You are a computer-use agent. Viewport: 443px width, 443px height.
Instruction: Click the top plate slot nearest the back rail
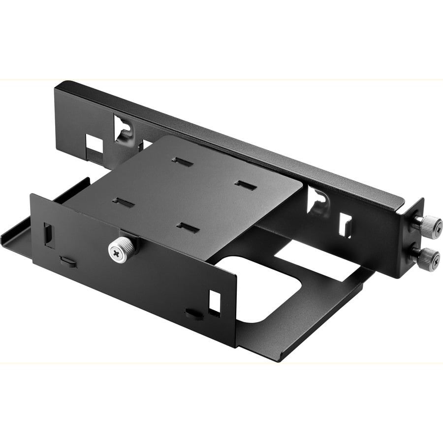182,162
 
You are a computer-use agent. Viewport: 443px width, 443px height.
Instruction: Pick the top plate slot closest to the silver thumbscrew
123,203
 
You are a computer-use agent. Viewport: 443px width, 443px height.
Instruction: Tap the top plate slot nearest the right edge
245,185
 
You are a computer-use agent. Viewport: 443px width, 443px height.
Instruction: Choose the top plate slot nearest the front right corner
188,227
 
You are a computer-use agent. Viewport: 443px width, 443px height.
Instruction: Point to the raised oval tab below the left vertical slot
68,261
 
